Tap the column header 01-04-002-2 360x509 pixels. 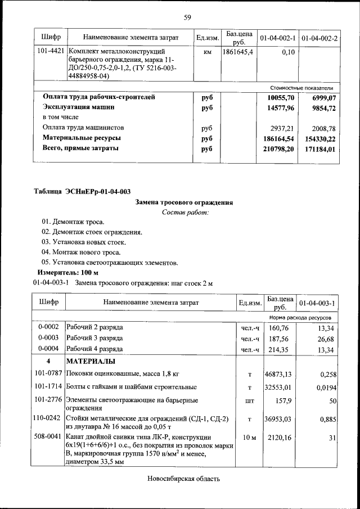pyautogui.click(x=319, y=38)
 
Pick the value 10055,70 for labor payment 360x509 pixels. pyautogui.click(x=281, y=97)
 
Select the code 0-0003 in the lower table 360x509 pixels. pyautogui.click(x=48, y=339)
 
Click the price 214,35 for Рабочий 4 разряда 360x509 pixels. pyautogui.click(x=279, y=350)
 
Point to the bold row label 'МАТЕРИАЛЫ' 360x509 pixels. pyautogui.click(x=91, y=361)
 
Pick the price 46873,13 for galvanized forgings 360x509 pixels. pyautogui.click(x=279, y=373)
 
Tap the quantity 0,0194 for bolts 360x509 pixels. pyautogui.click(x=324, y=388)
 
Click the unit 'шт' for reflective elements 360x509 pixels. pyautogui.click(x=249, y=402)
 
